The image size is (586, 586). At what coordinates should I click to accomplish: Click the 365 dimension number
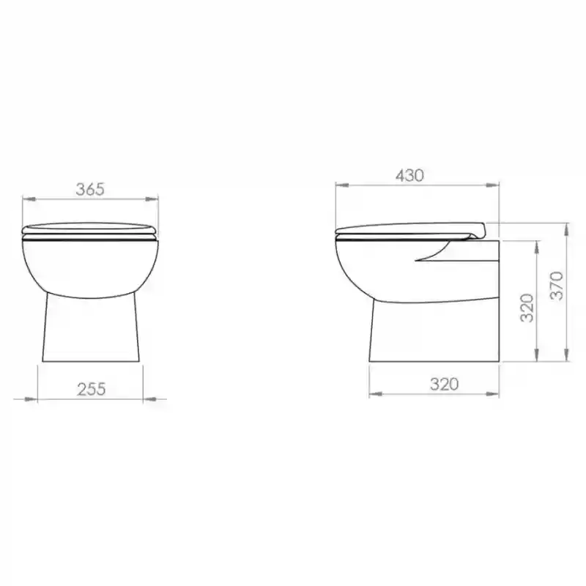pos(90,189)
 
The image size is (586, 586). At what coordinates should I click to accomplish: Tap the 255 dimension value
pos(92,389)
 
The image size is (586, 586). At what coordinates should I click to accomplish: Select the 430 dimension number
pos(410,175)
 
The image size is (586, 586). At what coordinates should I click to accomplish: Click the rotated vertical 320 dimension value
pos(527,308)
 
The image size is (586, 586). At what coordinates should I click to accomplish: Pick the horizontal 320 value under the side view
pos(445,384)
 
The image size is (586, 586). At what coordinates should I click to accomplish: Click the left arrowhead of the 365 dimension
pos(30,199)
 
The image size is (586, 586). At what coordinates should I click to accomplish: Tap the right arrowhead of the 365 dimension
pos(152,199)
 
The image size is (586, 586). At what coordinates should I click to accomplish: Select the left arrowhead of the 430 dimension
pos(342,185)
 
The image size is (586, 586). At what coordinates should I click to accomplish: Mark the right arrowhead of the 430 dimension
pos(492,185)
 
